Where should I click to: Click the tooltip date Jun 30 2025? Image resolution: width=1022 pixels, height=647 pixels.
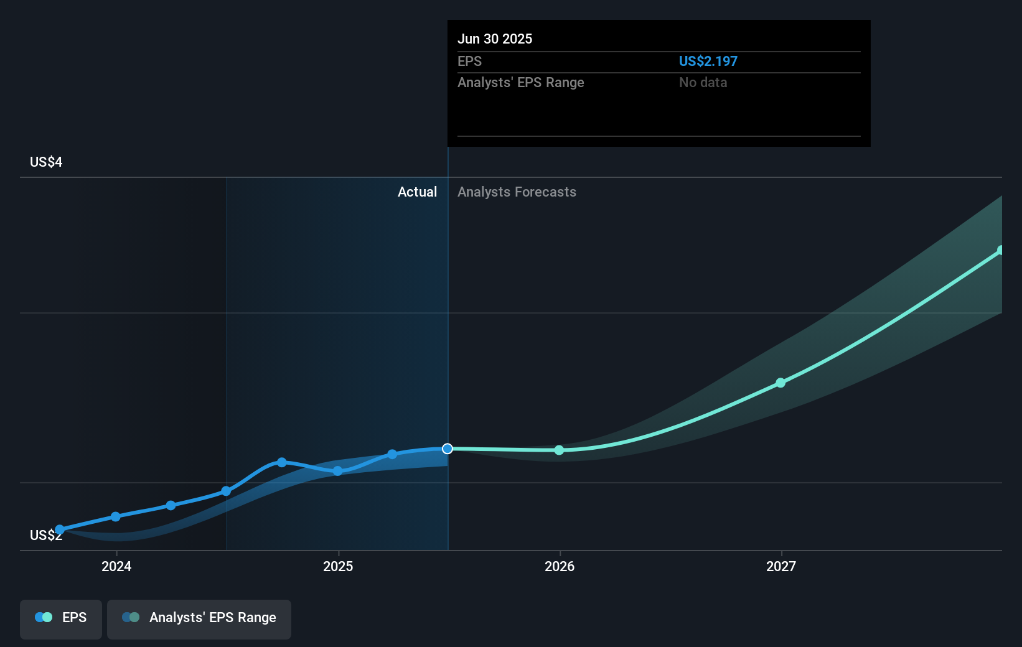pyautogui.click(x=495, y=39)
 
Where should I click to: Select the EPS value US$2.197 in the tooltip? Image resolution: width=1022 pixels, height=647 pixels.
pyautogui.click(x=708, y=61)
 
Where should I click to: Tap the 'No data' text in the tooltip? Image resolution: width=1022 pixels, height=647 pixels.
pyautogui.click(x=703, y=82)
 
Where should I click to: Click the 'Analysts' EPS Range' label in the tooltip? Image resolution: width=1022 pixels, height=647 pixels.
pyautogui.click(x=520, y=82)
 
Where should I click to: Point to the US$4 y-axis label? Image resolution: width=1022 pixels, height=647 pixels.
pyautogui.click(x=46, y=162)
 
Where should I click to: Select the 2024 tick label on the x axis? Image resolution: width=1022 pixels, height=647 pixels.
pyautogui.click(x=116, y=566)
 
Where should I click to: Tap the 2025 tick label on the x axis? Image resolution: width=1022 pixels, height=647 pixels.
pyautogui.click(x=338, y=566)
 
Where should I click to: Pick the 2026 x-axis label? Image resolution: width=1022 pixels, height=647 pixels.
pyautogui.click(x=560, y=566)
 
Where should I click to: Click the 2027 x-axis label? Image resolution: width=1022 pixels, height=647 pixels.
pyautogui.click(x=781, y=566)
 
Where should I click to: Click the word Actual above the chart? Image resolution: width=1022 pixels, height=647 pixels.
pyautogui.click(x=417, y=192)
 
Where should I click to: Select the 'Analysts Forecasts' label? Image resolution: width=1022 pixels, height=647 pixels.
pyautogui.click(x=517, y=192)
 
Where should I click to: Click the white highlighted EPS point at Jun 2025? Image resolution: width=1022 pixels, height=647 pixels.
pyautogui.click(x=448, y=449)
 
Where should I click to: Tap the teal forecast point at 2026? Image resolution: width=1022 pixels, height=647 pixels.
pyautogui.click(x=559, y=450)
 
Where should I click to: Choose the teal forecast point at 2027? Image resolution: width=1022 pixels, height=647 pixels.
pyautogui.click(x=781, y=383)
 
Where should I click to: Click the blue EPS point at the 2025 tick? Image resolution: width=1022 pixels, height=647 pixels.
pyautogui.click(x=337, y=471)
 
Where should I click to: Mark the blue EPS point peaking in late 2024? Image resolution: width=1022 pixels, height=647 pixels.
pyautogui.click(x=282, y=462)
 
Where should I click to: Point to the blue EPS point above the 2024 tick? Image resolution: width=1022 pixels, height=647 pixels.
pyautogui.click(x=116, y=516)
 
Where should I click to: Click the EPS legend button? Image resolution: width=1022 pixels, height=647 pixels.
pyautogui.click(x=61, y=618)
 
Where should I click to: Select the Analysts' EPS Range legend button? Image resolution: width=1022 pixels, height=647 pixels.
pyautogui.click(x=199, y=618)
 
